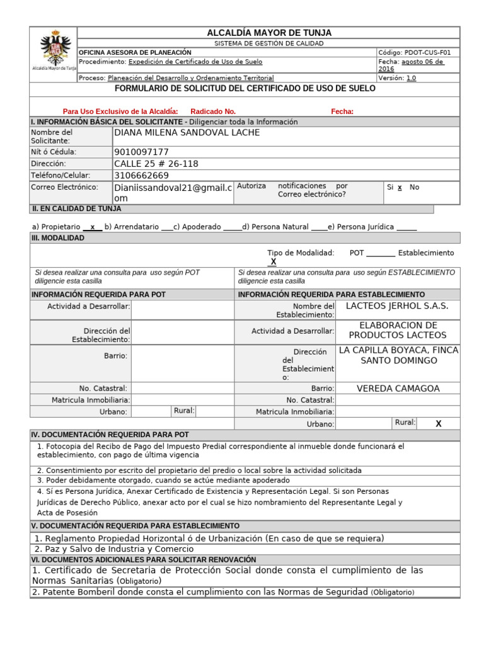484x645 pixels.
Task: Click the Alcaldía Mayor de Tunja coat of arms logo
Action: [54, 50]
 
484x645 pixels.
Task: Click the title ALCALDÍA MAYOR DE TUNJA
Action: [269, 33]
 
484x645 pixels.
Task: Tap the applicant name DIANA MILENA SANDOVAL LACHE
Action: [187, 133]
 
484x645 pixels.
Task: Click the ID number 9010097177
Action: [142, 152]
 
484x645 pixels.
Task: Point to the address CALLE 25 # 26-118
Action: [156, 164]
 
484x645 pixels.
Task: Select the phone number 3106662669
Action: [142, 176]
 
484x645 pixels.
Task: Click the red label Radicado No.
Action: [213, 111]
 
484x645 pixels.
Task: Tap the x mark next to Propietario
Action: [93, 227]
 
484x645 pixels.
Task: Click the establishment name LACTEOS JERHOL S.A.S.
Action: [398, 306]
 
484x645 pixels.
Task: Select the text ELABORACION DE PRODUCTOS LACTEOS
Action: [398, 330]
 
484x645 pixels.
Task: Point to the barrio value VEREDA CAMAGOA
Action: [398, 389]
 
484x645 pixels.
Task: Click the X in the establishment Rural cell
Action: [439, 424]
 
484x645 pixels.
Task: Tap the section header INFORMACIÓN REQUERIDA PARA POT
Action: [98, 294]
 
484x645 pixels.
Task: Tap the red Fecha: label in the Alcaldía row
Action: [342, 111]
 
